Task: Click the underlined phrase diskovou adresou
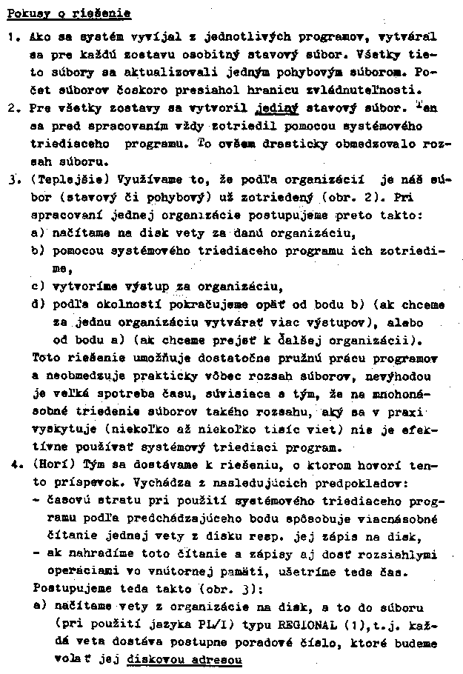(x=185, y=659)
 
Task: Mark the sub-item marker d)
(x=39, y=304)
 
